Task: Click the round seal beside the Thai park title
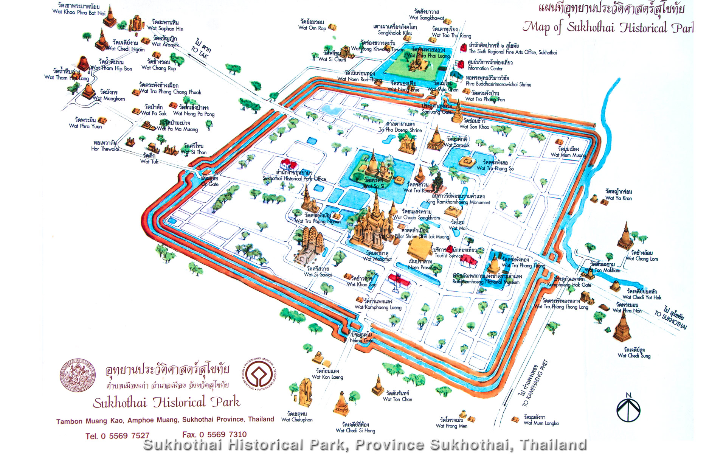[x=78, y=375]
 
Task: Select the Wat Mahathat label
[x=377, y=259]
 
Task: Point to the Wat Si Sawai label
[x=318, y=275]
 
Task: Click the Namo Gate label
[x=361, y=340]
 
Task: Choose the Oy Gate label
[x=210, y=184]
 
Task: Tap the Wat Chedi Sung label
[x=634, y=356]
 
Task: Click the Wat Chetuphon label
[x=297, y=420]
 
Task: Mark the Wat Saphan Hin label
[x=165, y=28]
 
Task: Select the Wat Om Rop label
[x=312, y=28]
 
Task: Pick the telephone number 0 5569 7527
[x=117, y=436]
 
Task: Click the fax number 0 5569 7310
[x=214, y=435]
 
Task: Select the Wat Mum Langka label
[x=541, y=423]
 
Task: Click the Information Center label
[x=485, y=68]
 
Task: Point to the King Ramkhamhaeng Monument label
[x=458, y=202]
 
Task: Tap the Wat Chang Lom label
[x=642, y=259]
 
